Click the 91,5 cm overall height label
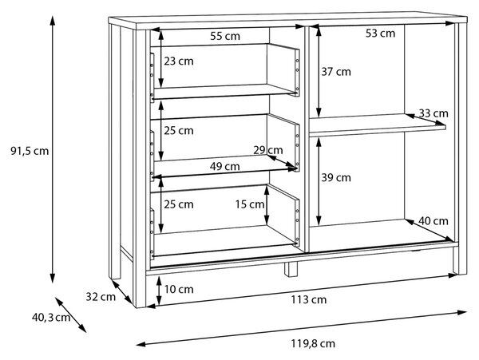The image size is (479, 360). coord(30,151)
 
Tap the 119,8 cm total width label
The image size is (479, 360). coord(313,344)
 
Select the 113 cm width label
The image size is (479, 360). coord(308,300)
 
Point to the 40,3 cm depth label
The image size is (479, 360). coord(51,318)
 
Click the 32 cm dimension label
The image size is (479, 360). coord(101,297)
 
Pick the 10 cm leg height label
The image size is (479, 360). coord(179,289)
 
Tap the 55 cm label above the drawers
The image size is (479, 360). coord(225,37)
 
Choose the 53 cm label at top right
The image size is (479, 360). coord(380,34)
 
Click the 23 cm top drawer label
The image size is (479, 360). coord(179,61)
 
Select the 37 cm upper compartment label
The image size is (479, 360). coord(336,72)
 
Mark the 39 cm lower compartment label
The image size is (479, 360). coord(336,178)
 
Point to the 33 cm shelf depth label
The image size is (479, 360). coord(433,113)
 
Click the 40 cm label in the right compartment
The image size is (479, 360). coord(433,221)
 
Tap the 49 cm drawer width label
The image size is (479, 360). coord(225,167)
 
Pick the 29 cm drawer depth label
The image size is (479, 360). coord(268,150)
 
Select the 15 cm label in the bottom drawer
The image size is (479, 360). coord(250,204)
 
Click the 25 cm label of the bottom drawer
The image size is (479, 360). coord(179,204)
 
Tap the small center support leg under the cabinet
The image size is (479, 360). coord(291,269)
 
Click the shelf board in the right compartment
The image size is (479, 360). coord(378,125)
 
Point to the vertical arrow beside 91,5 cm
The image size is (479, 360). coord(53,149)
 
